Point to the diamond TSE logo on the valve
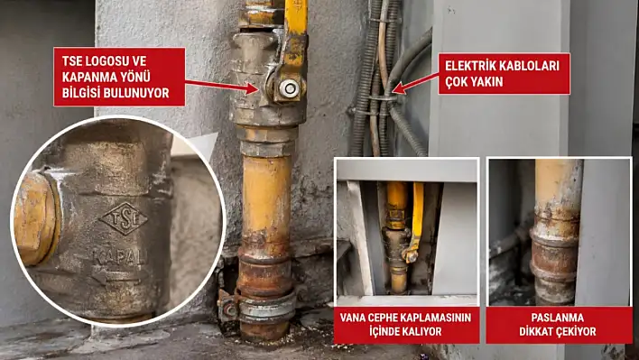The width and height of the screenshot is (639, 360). coord(125,218)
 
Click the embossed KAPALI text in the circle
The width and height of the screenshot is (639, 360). coord(119,257)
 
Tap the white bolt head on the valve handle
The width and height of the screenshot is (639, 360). coord(290,88)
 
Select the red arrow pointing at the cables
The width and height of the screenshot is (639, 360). coord(415,84)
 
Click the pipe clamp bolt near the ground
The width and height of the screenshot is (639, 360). coord(229,309)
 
